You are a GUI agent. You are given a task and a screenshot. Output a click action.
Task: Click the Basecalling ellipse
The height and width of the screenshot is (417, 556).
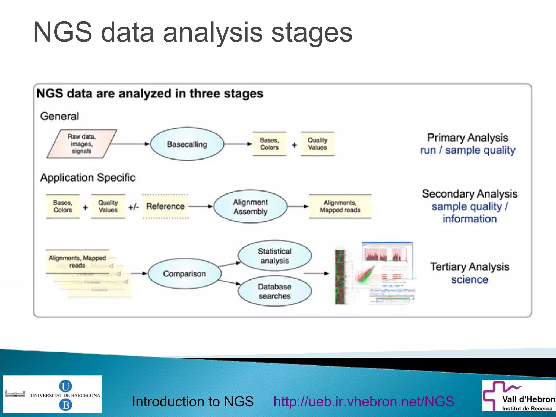(187, 144)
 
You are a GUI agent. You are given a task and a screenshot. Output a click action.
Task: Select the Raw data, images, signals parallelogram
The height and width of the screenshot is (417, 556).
(82, 144)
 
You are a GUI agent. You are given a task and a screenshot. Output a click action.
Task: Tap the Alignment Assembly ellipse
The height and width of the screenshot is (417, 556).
(250, 206)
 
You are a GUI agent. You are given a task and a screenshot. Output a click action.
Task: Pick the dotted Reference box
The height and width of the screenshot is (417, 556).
(165, 206)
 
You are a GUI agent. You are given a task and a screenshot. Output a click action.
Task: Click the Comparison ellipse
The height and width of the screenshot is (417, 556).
(185, 274)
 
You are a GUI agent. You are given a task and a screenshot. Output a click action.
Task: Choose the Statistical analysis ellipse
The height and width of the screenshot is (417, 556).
(274, 256)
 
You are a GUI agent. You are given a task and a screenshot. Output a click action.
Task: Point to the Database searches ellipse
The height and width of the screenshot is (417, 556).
(274, 291)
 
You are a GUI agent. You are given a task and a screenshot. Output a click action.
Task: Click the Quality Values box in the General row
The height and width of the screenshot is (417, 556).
(317, 144)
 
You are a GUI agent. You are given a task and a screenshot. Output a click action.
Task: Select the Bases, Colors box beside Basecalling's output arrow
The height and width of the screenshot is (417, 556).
(269, 144)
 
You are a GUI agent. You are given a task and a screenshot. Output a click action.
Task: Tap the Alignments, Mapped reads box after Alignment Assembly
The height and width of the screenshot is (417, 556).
(340, 206)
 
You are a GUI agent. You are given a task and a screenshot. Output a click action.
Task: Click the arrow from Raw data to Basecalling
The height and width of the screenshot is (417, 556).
(130, 144)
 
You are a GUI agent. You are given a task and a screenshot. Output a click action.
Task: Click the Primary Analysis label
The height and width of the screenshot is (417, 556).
(467, 138)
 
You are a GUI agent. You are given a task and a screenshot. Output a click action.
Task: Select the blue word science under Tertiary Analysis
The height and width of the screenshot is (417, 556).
(470, 280)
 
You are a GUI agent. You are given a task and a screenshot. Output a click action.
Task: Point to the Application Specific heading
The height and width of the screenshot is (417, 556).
(88, 178)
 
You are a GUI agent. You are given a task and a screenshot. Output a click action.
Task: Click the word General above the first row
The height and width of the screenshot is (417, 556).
(59, 116)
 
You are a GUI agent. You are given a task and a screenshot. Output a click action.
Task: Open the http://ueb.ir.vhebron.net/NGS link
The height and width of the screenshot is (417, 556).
(364, 402)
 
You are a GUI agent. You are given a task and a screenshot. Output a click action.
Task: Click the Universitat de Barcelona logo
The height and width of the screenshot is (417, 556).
(52, 394)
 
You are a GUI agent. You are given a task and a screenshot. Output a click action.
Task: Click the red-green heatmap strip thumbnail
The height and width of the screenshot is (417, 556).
(340, 277)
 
